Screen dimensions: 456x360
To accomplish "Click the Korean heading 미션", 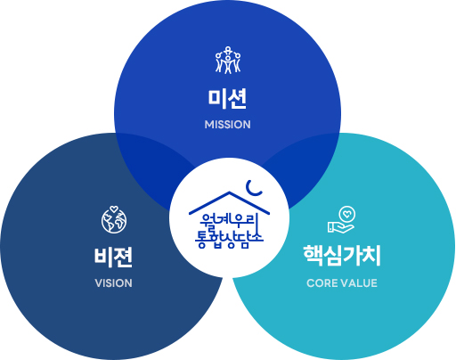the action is pyautogui.click(x=227, y=99).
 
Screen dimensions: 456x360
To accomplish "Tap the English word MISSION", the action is pyautogui.click(x=228, y=125).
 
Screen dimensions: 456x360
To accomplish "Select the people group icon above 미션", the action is pyautogui.click(x=228, y=60).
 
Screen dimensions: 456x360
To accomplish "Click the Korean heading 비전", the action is pyautogui.click(x=113, y=258).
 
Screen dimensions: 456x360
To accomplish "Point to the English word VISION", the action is pyautogui.click(x=114, y=283).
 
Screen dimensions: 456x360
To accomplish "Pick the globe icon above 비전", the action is pyautogui.click(x=114, y=220).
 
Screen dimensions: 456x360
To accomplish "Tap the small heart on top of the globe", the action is pyautogui.click(x=114, y=209).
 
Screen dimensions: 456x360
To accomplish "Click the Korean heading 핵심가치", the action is pyautogui.click(x=342, y=256).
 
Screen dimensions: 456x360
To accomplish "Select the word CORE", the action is pyautogui.click(x=322, y=283).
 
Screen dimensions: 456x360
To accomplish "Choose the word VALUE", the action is pyautogui.click(x=359, y=283).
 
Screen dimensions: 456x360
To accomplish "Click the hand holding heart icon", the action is pyautogui.click(x=341, y=220).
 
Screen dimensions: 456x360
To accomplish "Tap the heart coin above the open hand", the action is pyautogui.click(x=347, y=214).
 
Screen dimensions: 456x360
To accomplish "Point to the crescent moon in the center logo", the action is pyautogui.click(x=253, y=190).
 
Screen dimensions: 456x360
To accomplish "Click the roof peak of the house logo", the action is pyautogui.click(x=229, y=192).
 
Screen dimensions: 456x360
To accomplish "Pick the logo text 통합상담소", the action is pyautogui.click(x=229, y=239).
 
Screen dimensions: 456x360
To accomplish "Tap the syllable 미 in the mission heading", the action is pyautogui.click(x=217, y=99).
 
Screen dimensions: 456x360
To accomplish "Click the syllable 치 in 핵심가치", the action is pyautogui.click(x=370, y=256).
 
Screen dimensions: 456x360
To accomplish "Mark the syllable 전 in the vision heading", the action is pyautogui.click(x=124, y=258).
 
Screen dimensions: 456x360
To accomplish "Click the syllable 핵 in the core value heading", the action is pyautogui.click(x=313, y=256).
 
